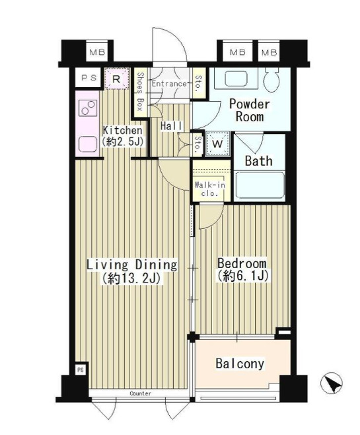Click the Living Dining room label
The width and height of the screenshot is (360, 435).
click(x=132, y=271)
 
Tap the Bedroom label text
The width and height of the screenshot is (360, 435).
click(x=242, y=269)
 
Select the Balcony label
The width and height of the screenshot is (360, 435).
click(x=240, y=364)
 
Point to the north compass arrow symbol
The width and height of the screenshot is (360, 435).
click(x=331, y=383)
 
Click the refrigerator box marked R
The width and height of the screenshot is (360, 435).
click(x=116, y=79)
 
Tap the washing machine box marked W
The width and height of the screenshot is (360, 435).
click(x=217, y=143)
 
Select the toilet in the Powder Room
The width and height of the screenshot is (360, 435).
click(x=271, y=80)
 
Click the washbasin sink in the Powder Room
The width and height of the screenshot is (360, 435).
click(x=236, y=79)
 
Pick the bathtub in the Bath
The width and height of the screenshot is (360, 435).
click(x=260, y=185)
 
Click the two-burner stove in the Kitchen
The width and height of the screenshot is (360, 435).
click(x=88, y=108)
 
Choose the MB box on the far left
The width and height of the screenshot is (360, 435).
click(x=97, y=52)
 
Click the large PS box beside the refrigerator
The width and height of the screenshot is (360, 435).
click(x=89, y=78)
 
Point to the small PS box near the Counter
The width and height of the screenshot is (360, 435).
click(x=81, y=370)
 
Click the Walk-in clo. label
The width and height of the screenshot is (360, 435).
click(x=210, y=189)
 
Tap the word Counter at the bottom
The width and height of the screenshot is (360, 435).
click(x=141, y=393)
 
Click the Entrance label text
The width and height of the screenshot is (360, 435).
click(x=169, y=84)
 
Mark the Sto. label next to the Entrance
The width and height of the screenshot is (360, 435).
click(x=198, y=84)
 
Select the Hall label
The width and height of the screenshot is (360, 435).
click(x=171, y=126)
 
